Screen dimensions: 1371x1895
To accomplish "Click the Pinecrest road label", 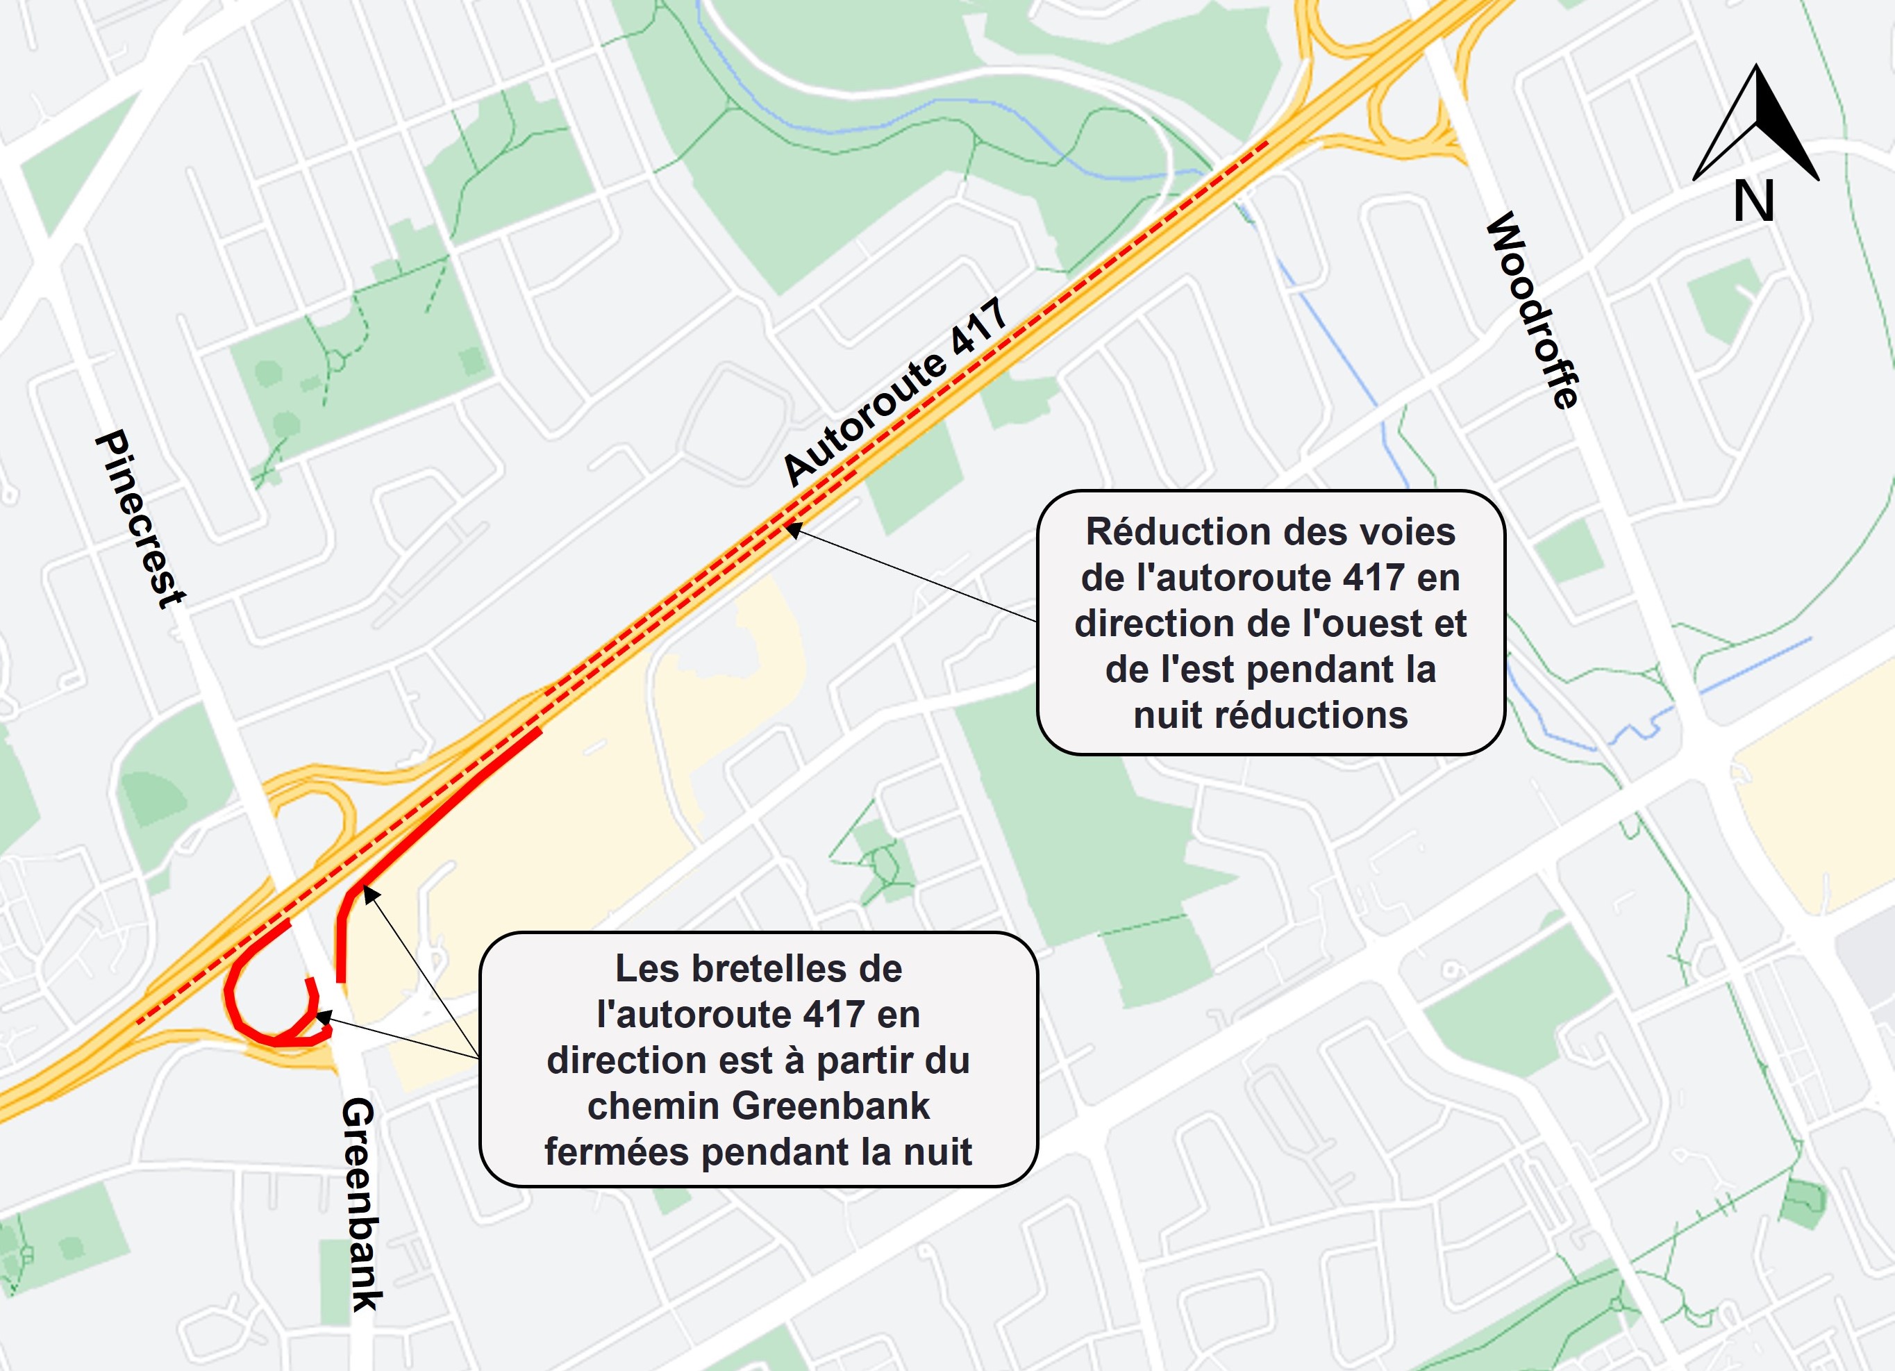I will [140, 520].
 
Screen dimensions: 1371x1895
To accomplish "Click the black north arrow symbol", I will [1756, 124].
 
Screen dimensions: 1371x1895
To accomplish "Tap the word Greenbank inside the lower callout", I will [830, 1106].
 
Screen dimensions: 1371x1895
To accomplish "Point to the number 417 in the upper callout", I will [1374, 578].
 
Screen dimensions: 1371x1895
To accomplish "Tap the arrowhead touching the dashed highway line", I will [792, 528].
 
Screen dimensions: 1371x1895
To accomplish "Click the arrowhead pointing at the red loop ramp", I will [322, 1016].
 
